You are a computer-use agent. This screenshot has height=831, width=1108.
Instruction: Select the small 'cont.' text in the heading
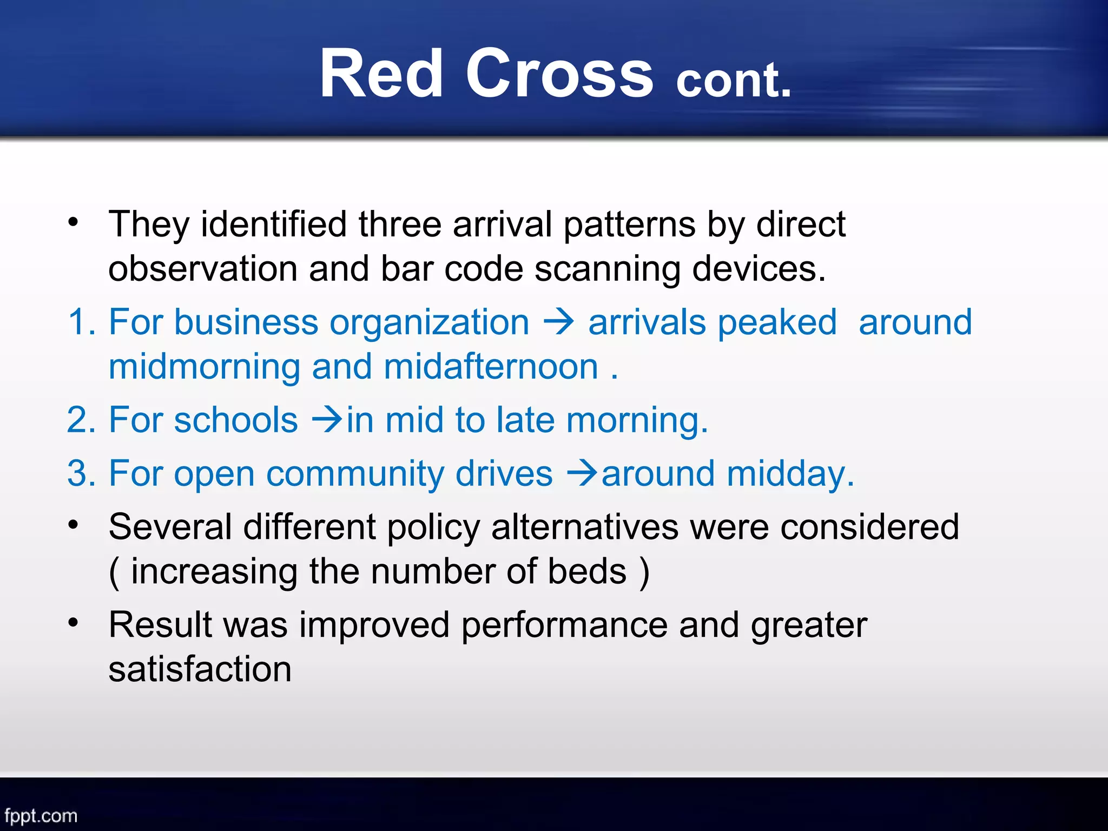tap(734, 80)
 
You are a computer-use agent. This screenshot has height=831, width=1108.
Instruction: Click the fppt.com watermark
tap(41, 816)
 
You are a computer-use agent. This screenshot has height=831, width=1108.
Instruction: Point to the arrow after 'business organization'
tap(558, 322)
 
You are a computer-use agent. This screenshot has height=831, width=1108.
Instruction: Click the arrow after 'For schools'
tap(328, 419)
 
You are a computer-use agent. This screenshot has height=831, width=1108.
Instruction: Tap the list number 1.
tap(81, 322)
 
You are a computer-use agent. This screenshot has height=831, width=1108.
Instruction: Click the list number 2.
tap(82, 420)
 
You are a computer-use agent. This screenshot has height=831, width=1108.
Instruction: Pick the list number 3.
tap(82, 473)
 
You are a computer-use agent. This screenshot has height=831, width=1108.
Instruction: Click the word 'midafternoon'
tap(491, 367)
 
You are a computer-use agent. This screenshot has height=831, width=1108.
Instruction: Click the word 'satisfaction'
tap(200, 669)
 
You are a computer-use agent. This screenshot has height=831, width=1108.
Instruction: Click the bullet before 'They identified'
tap(74, 222)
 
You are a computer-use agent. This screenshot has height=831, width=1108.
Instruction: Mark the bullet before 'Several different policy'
tap(74, 525)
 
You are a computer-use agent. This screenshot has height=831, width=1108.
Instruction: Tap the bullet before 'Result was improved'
tap(74, 623)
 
